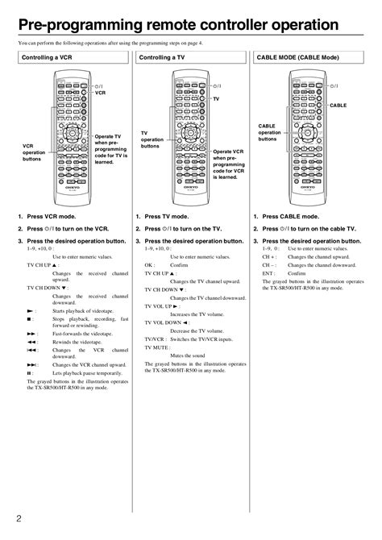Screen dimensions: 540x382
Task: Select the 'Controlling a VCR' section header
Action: pos(48,58)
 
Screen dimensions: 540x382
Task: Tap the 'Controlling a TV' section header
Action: pos(164,58)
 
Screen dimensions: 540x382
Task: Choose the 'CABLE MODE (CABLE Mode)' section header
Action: pos(297,58)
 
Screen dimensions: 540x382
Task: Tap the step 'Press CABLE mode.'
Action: pos(290,217)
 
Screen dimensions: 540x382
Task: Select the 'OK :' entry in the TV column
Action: pos(150,264)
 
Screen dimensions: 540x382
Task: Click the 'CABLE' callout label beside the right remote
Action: pos(338,105)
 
